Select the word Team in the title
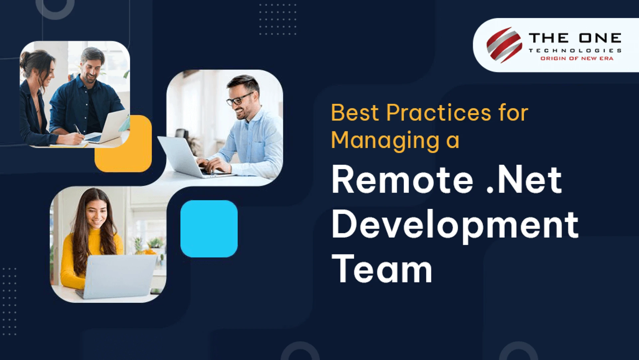tap(382, 269)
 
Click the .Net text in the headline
tap(524, 180)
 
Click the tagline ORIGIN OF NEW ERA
tap(576, 59)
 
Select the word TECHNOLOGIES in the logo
tap(575, 51)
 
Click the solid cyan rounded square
tap(209, 229)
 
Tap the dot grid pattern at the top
tap(278, 19)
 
